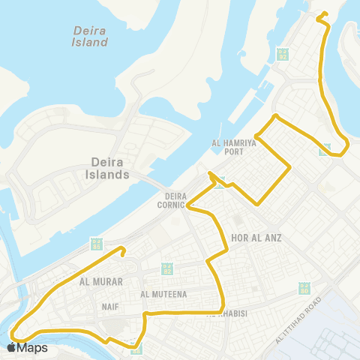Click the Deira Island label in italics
(91, 36)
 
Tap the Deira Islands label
(110, 168)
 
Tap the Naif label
(110, 307)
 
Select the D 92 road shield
(283, 54)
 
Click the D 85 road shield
(96, 244)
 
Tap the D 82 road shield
(168, 268)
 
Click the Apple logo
(11, 346)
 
